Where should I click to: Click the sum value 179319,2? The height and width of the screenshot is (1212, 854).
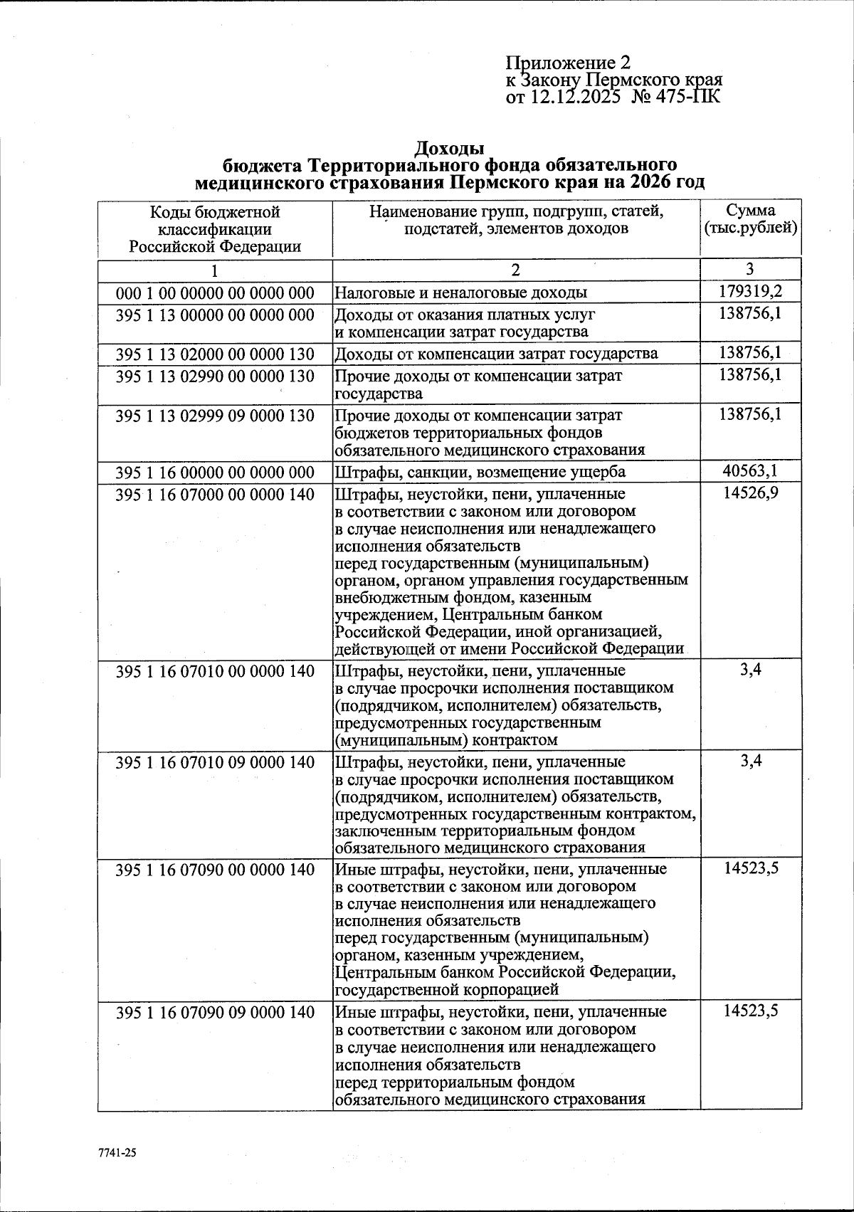point(751,291)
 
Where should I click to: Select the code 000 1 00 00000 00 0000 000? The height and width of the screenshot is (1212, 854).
point(215,293)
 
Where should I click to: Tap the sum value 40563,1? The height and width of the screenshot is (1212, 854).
point(751,470)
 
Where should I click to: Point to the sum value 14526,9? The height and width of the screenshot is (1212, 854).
point(751,492)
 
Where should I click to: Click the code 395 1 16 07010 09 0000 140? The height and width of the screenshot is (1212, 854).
point(215,762)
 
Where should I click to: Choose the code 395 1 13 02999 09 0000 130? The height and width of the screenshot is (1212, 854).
point(215,415)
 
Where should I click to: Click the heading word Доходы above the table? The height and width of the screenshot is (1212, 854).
point(449,148)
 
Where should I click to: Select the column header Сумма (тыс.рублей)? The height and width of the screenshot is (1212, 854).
point(751,220)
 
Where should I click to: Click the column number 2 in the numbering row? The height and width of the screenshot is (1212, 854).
point(516,270)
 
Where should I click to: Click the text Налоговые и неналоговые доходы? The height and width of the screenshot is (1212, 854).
point(461,293)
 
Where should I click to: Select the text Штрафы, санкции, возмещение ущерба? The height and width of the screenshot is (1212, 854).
point(480,472)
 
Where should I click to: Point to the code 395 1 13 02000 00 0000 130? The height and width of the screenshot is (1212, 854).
point(215,354)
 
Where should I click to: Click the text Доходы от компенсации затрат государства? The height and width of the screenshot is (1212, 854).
point(496,354)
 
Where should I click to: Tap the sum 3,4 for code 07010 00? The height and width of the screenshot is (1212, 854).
point(751,670)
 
